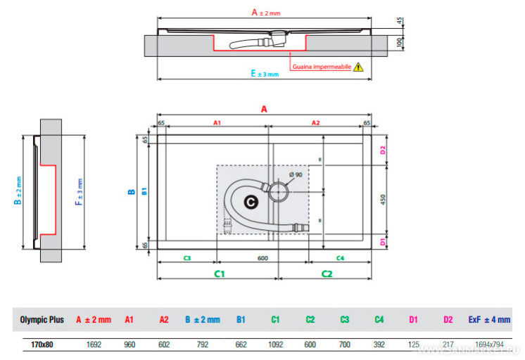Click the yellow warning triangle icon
(x=359, y=67)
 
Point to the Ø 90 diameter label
(x=296, y=174)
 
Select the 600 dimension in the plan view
(x=262, y=258)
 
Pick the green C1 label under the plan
(x=219, y=273)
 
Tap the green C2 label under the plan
(x=327, y=273)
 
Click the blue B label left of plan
(x=131, y=191)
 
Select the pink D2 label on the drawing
(x=383, y=150)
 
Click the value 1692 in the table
(x=93, y=345)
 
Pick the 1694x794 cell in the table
(x=489, y=345)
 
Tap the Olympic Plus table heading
(x=42, y=320)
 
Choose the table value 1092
(x=275, y=345)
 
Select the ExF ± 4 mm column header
(x=489, y=320)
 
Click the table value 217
(x=448, y=345)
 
